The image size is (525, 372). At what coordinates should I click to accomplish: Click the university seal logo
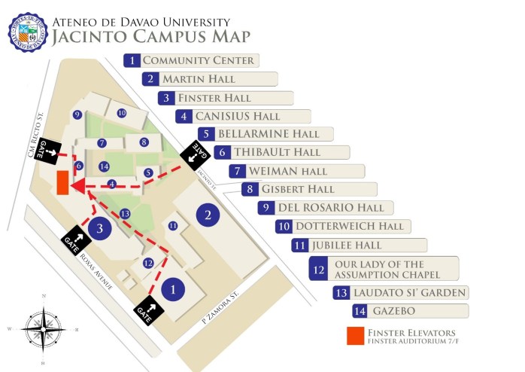[x=27, y=28]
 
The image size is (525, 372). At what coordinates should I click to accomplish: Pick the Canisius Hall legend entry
[x=242, y=116]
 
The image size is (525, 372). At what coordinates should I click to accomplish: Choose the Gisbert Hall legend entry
[x=308, y=189]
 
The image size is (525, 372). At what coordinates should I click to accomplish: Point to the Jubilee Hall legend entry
[x=358, y=245]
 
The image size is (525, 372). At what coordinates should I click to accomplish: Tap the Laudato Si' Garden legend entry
[x=399, y=292]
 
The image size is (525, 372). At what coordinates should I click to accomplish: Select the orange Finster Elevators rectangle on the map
[x=62, y=182]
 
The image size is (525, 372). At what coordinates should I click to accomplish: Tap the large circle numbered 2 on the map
[x=208, y=216]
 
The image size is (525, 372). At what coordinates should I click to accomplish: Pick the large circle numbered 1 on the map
[x=173, y=288]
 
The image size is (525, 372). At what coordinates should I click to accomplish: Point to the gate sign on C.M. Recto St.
[x=49, y=148]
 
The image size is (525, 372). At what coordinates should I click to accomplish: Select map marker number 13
[x=125, y=214]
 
